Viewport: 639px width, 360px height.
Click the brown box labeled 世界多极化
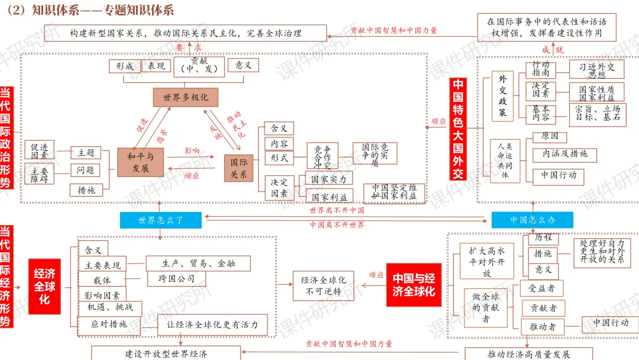coord(182,97)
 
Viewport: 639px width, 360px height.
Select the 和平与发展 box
coord(141,162)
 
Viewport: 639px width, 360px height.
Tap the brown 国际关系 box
coord(238,168)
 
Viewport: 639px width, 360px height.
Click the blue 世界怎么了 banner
coord(160,220)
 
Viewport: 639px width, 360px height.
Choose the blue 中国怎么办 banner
coord(532,220)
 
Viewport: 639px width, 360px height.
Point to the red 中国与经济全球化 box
coord(414,285)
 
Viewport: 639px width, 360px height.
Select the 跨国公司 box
coord(177,278)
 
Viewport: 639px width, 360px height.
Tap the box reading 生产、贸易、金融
coord(198,263)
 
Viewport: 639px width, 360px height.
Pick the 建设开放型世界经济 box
coord(166,353)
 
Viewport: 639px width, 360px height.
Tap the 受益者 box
coord(541,288)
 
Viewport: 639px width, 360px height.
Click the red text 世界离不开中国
coord(337,210)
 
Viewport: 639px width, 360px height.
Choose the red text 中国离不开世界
coord(337,225)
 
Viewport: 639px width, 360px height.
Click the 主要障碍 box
coord(39,173)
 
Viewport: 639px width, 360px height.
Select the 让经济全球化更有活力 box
coord(212,324)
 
